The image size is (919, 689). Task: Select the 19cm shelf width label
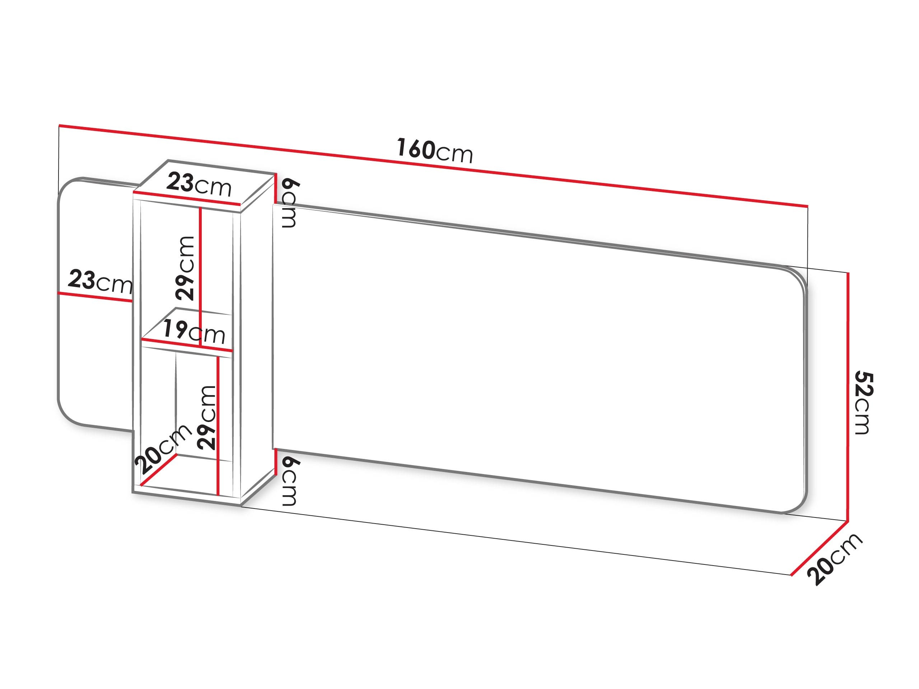point(193,332)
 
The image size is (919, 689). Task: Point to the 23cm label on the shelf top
point(199,185)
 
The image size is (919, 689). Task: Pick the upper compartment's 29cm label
point(185,268)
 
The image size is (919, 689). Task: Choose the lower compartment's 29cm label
point(206,417)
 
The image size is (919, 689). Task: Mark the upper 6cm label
point(290,203)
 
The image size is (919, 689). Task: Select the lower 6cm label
point(290,481)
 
